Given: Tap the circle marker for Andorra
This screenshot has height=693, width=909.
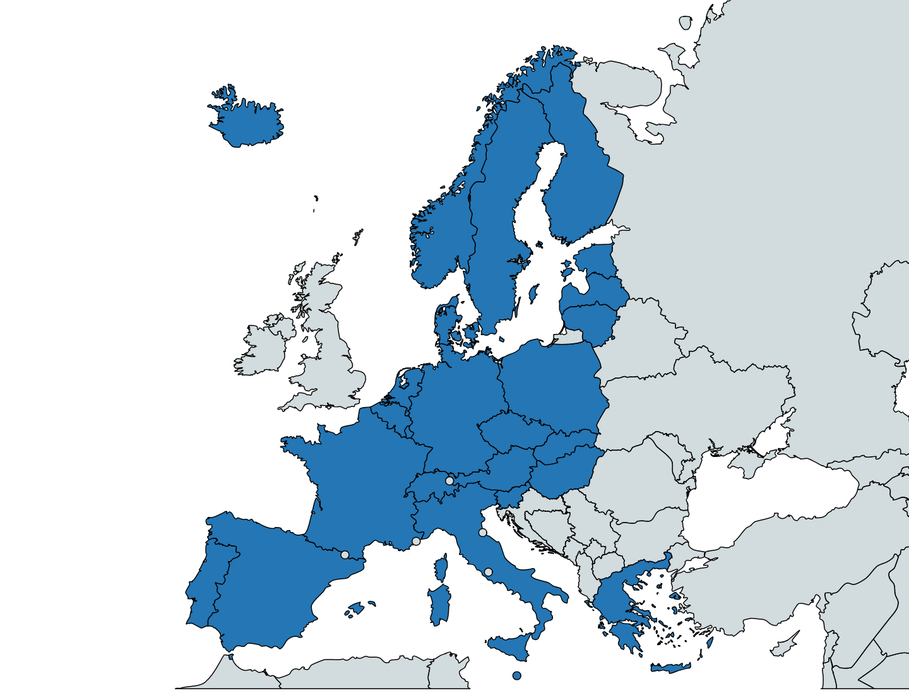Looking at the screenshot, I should pos(345,555).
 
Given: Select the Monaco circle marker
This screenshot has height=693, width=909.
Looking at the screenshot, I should pos(416,541).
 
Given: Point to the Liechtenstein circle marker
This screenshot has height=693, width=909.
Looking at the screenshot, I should pos(449,481).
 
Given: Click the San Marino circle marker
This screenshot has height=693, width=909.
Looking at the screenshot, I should pos(483,533).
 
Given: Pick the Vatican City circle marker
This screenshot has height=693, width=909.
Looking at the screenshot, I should pos(488,572).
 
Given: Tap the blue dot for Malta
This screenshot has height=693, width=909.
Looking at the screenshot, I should pos(517,675).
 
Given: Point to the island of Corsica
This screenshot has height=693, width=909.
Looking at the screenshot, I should pos(442,567).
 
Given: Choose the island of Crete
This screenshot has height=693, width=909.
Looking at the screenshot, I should pos(670,668).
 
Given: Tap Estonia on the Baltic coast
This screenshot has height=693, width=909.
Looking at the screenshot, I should pos(597,259).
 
